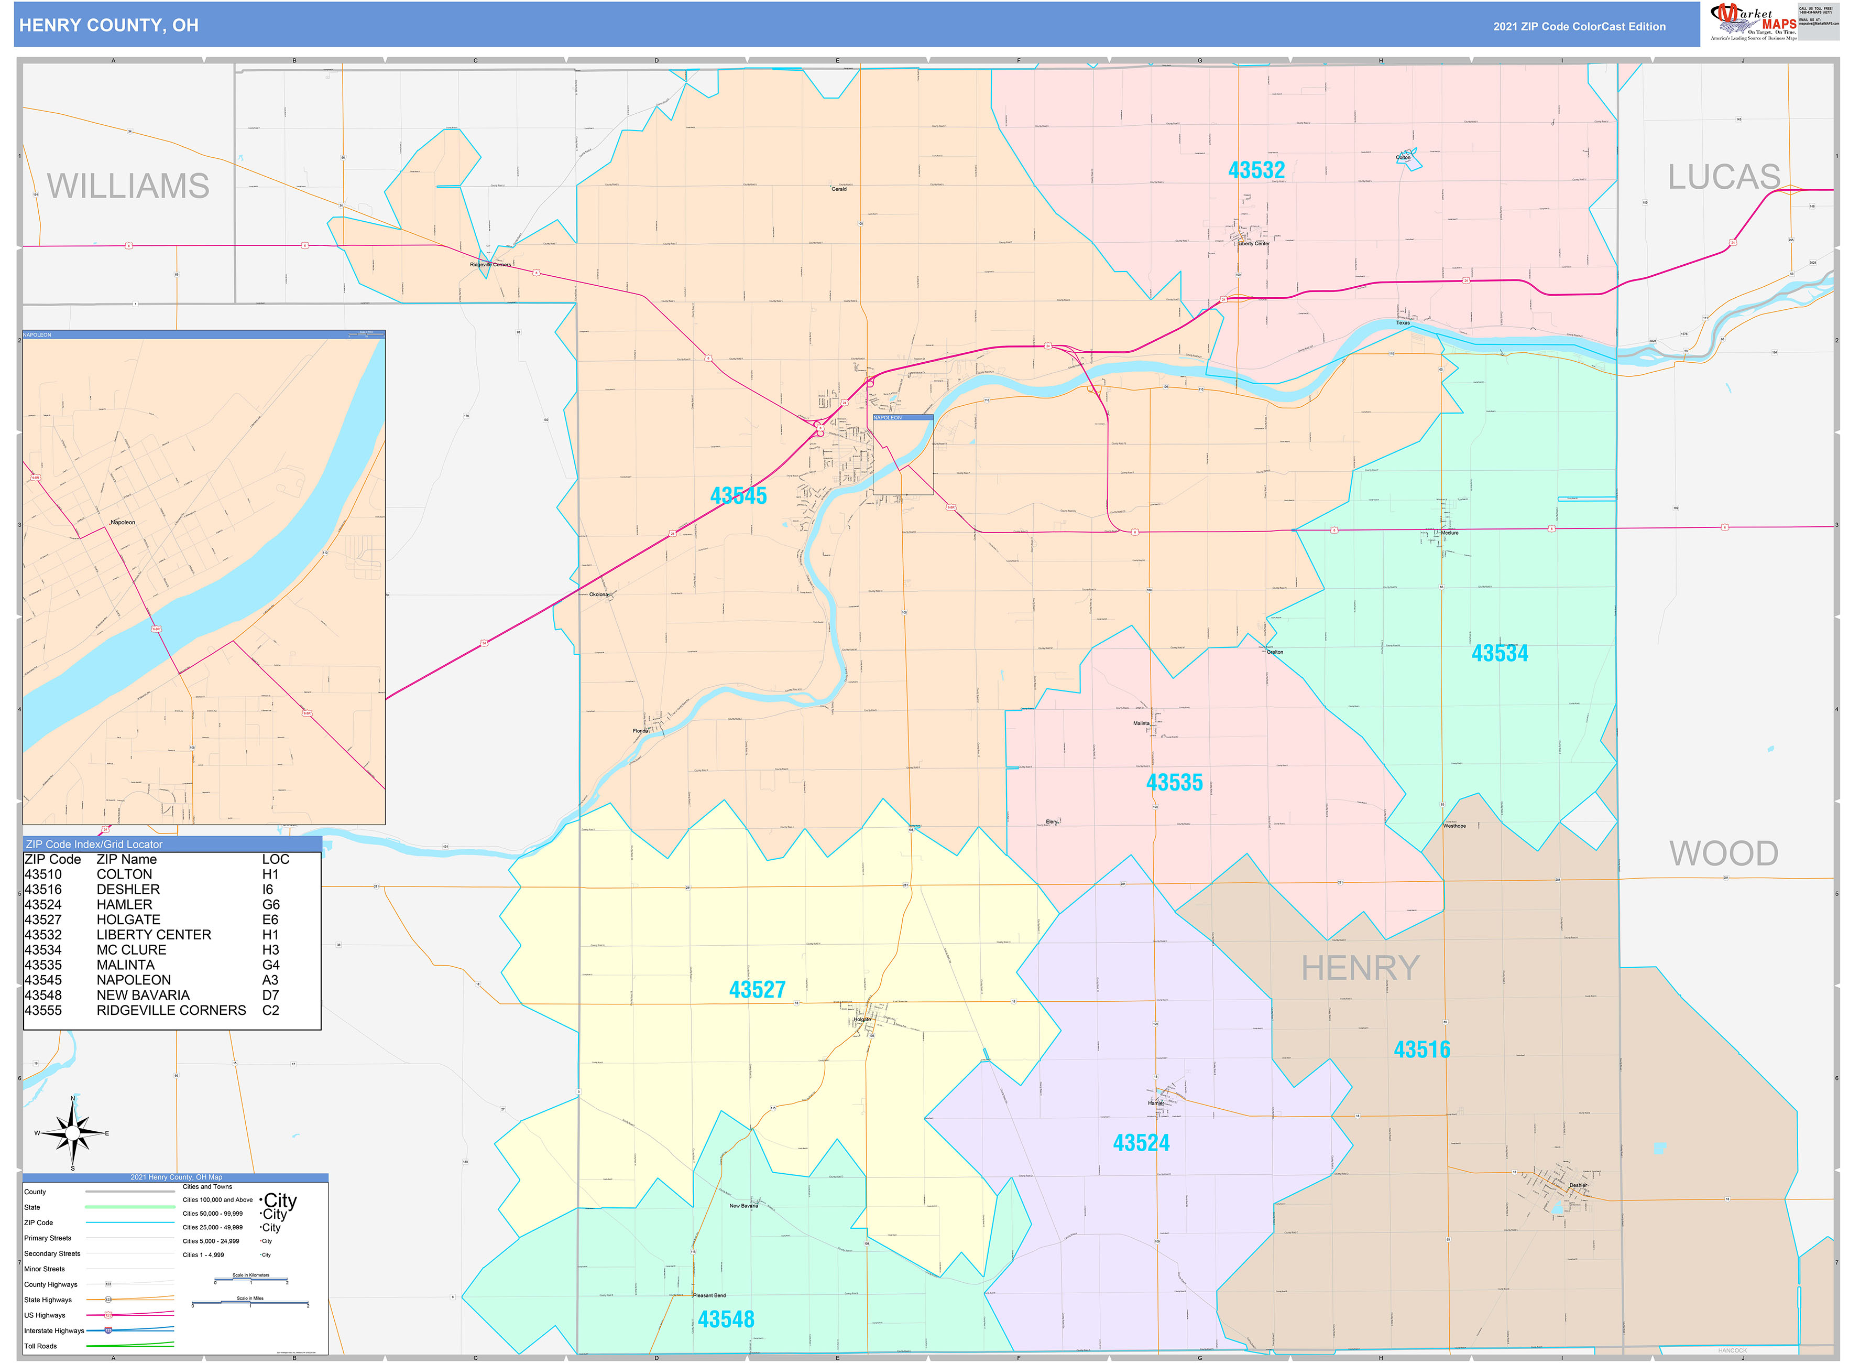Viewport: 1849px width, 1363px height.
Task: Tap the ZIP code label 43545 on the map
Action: (x=738, y=496)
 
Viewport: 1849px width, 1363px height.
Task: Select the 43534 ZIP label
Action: (x=1500, y=653)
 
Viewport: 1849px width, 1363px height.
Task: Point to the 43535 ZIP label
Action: (x=1174, y=782)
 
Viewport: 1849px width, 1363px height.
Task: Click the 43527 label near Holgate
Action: (x=757, y=989)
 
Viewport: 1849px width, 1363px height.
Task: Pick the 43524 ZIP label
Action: (x=1141, y=1143)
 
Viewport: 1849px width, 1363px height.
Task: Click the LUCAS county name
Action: (x=1724, y=177)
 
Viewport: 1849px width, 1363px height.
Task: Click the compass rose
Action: (x=73, y=1133)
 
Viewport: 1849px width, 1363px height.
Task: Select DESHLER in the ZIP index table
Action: (x=128, y=890)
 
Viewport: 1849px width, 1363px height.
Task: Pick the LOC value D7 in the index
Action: (x=270, y=995)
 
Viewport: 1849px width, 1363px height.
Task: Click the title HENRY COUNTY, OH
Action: (x=109, y=26)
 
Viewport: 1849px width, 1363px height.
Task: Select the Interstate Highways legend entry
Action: (x=53, y=1330)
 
